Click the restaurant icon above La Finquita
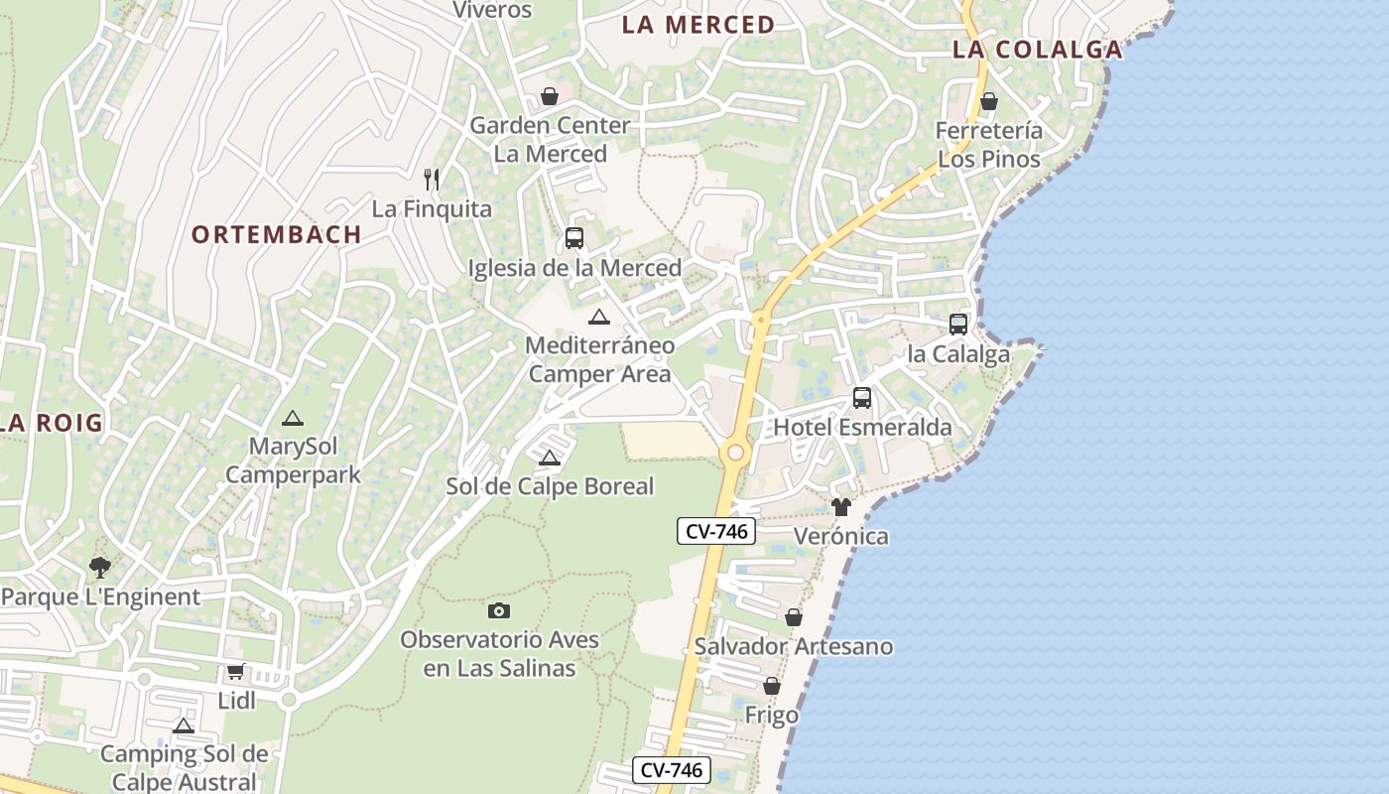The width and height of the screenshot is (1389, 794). (432, 180)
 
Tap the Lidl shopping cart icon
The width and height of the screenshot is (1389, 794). (236, 672)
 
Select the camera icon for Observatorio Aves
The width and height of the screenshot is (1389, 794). (499, 610)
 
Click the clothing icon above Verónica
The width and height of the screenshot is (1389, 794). (841, 507)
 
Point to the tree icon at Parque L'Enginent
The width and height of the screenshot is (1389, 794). (99, 568)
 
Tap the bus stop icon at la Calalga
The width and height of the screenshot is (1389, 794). (958, 325)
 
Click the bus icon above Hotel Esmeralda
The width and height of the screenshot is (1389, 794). (862, 398)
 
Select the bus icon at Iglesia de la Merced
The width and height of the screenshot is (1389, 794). (574, 238)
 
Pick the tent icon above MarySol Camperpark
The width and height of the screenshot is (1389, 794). (292, 419)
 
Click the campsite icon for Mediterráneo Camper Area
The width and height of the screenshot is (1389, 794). (598, 318)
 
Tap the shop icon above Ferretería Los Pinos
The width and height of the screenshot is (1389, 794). (989, 101)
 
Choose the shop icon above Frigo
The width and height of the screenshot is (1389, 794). (772, 686)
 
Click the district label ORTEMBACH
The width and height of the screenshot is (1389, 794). (276, 234)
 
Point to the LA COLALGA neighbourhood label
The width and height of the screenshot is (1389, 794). (1037, 50)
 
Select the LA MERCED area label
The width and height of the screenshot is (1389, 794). (697, 25)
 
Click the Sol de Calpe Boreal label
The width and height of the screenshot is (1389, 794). (550, 486)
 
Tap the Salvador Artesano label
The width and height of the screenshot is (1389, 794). (794, 646)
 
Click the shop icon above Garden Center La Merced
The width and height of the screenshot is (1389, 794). (549, 96)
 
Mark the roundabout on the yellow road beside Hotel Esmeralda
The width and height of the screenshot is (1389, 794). (735, 453)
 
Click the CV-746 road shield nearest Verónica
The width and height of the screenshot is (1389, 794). (716, 531)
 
